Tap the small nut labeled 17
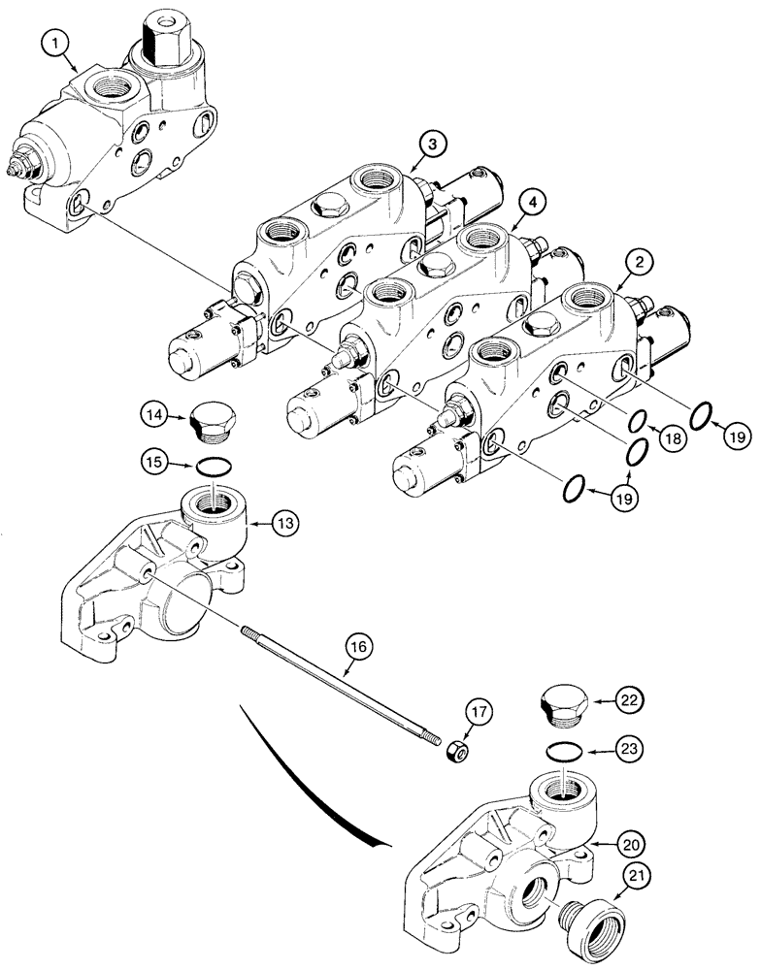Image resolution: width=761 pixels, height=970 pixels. tap(455, 753)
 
